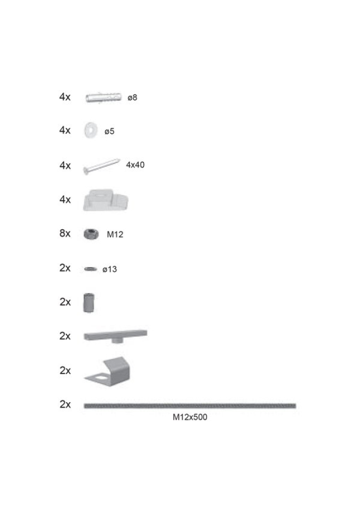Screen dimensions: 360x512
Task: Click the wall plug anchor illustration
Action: coord(103,97)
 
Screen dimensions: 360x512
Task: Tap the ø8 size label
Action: coord(132,98)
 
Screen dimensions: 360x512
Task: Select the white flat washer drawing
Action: coord(91,130)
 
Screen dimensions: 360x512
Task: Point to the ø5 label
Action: coord(109,131)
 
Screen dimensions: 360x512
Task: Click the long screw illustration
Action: coord(101,166)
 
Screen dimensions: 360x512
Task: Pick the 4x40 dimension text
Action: coord(135,165)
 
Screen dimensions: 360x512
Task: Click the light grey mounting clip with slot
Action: coord(106,200)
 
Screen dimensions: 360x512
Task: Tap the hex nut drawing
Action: coord(91,234)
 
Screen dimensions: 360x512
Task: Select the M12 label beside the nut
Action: coord(115,235)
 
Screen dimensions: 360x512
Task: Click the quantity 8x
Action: coord(65,233)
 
